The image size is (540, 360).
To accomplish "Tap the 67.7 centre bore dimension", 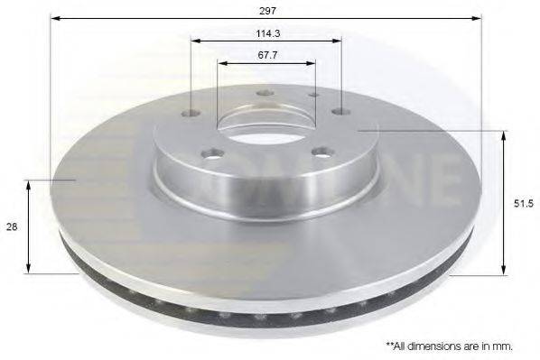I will (266, 54).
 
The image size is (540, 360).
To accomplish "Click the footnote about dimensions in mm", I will (449, 346).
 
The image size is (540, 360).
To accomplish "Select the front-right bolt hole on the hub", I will (321, 152).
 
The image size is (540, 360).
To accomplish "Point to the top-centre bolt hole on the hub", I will (265, 92).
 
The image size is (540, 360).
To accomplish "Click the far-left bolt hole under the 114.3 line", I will (191, 113).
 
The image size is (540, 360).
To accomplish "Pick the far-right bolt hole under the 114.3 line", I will (340, 112).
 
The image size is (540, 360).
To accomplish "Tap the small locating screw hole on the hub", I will (313, 95).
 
